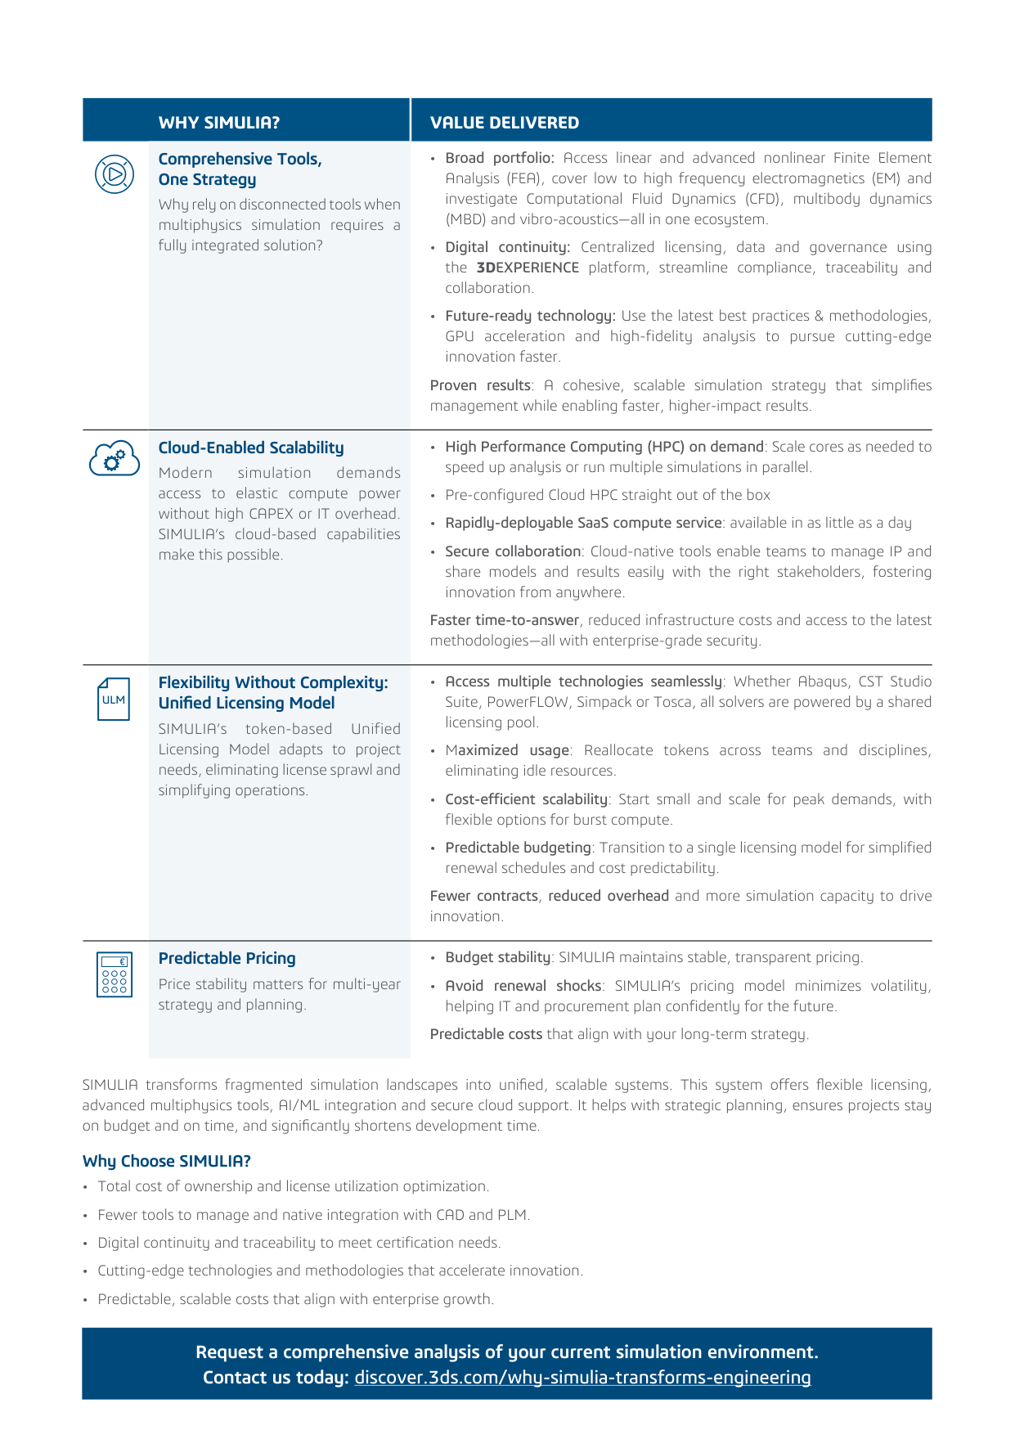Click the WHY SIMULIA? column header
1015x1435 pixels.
click(x=219, y=123)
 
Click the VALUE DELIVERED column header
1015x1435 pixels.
click(x=505, y=123)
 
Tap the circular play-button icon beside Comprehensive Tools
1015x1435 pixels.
click(x=115, y=174)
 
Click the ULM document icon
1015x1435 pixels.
click(x=114, y=699)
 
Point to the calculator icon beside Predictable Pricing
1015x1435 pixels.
click(x=114, y=974)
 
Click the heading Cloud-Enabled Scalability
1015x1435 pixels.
click(x=251, y=448)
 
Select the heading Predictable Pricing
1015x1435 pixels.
click(x=227, y=958)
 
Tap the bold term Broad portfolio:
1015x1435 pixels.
click(x=500, y=158)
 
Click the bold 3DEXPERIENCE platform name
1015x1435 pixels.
click(x=528, y=268)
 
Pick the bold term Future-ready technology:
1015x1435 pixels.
click(x=530, y=316)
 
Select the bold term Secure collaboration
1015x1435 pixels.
click(x=513, y=551)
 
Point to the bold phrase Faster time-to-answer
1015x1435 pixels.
click(x=505, y=620)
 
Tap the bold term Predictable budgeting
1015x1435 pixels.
click(x=518, y=848)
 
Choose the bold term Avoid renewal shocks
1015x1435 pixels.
click(x=523, y=986)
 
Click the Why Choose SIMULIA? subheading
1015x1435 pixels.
click(x=166, y=1161)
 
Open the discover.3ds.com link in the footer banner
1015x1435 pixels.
click(x=582, y=1378)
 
